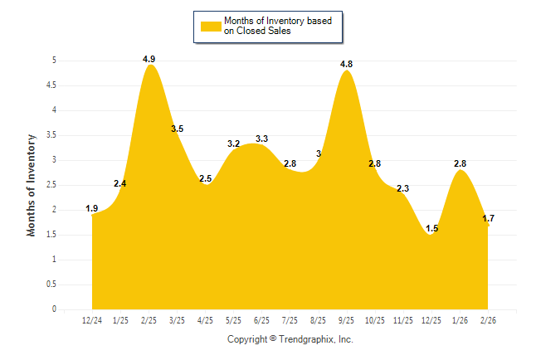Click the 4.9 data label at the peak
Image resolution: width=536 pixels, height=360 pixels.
tap(149, 59)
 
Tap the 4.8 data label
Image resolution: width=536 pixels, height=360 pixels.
tap(346, 64)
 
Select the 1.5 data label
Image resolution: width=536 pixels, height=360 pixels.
tap(431, 228)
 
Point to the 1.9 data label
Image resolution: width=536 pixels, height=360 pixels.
tap(92, 208)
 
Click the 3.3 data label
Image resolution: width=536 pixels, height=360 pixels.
tap(261, 139)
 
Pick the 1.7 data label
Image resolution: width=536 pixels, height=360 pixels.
tap(489, 218)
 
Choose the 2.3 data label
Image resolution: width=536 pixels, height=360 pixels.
tap(402, 189)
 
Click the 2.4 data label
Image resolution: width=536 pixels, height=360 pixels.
tap(120, 183)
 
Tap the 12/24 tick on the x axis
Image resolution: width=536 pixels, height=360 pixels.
tap(92, 319)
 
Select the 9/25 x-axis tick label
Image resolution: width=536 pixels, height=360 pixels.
tap(346, 319)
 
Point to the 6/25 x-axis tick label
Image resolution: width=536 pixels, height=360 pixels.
tap(261, 319)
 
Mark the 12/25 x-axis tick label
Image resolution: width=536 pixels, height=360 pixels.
tap(431, 319)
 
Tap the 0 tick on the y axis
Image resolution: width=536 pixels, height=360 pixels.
tap(54, 309)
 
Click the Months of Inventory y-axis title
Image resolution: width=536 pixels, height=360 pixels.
tap(32, 184)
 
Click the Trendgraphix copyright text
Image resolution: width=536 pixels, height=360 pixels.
tap(290, 339)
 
